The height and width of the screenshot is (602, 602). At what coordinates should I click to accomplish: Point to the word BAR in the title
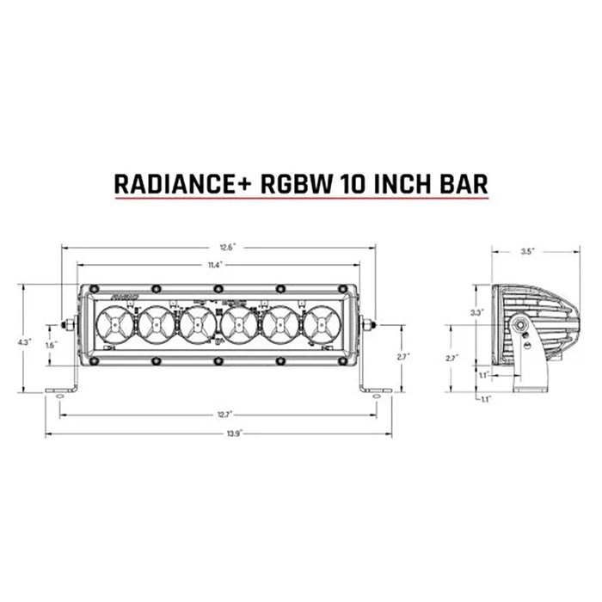(x=463, y=183)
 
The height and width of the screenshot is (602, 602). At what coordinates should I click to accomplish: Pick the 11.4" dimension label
(x=218, y=265)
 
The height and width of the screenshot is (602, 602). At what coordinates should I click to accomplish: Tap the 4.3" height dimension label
(x=24, y=341)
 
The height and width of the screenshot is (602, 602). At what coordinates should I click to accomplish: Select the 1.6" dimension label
(x=51, y=345)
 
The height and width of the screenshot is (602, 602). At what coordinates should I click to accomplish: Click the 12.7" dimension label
(x=224, y=415)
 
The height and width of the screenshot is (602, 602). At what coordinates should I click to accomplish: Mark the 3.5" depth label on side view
(x=528, y=252)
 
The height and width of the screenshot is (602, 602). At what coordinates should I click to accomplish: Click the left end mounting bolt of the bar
(x=67, y=325)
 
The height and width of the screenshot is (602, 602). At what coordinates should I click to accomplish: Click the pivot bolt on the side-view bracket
(x=521, y=328)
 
